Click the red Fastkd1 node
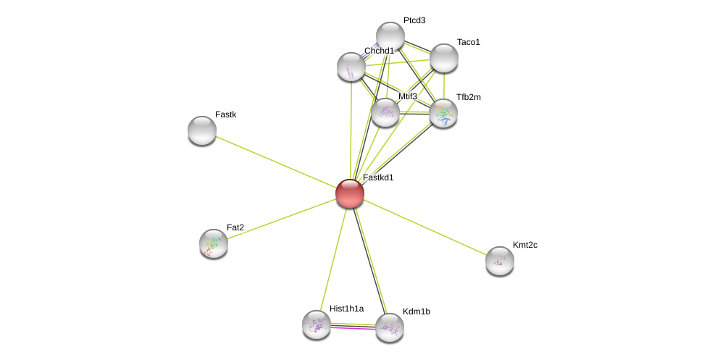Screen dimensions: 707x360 [x=350, y=193]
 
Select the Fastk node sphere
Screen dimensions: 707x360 [x=202, y=131]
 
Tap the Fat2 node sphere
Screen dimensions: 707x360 [x=214, y=243]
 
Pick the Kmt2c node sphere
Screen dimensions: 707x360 [x=500, y=261]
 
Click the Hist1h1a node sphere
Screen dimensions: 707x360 [x=317, y=325]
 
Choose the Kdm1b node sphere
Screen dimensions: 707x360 [x=390, y=327]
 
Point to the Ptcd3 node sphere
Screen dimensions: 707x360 [x=390, y=36]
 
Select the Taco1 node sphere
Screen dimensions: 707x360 [x=444, y=58]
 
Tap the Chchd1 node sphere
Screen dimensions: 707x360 [x=351, y=67]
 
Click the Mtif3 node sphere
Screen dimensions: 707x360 [x=385, y=113]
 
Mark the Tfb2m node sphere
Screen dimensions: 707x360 [x=443, y=113]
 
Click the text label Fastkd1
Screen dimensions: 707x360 [x=378, y=177]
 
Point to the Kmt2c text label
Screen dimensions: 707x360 [x=525, y=245]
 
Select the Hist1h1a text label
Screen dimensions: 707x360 [x=347, y=309]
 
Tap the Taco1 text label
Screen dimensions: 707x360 [x=469, y=42]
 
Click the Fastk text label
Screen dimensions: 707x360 [x=226, y=114]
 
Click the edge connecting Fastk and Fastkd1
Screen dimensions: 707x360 [x=276, y=162]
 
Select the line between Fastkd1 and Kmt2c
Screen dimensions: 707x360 [x=424, y=227]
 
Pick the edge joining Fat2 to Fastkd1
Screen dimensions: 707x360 [x=282, y=219]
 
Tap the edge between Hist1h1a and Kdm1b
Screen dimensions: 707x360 [x=353, y=326]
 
